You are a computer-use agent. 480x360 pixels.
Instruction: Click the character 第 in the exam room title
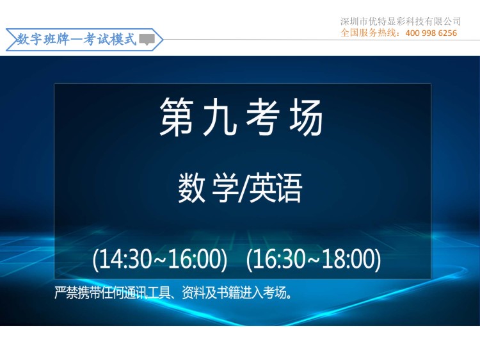click(x=177, y=117)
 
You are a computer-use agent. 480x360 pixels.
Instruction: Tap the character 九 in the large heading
click(x=220, y=117)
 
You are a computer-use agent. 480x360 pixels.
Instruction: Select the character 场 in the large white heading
click(x=306, y=117)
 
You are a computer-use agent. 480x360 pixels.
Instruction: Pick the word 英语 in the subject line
click(x=275, y=188)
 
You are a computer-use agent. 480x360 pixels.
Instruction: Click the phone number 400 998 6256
click(x=431, y=33)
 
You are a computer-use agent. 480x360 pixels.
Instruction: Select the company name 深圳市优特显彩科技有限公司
click(x=401, y=21)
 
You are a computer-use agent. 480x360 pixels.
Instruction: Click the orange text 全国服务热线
click(x=368, y=33)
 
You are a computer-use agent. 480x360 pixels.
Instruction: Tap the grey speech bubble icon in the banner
click(x=147, y=40)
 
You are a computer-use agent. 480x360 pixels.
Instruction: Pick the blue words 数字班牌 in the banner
click(x=43, y=39)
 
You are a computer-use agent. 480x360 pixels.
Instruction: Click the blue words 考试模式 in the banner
click(x=109, y=39)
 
